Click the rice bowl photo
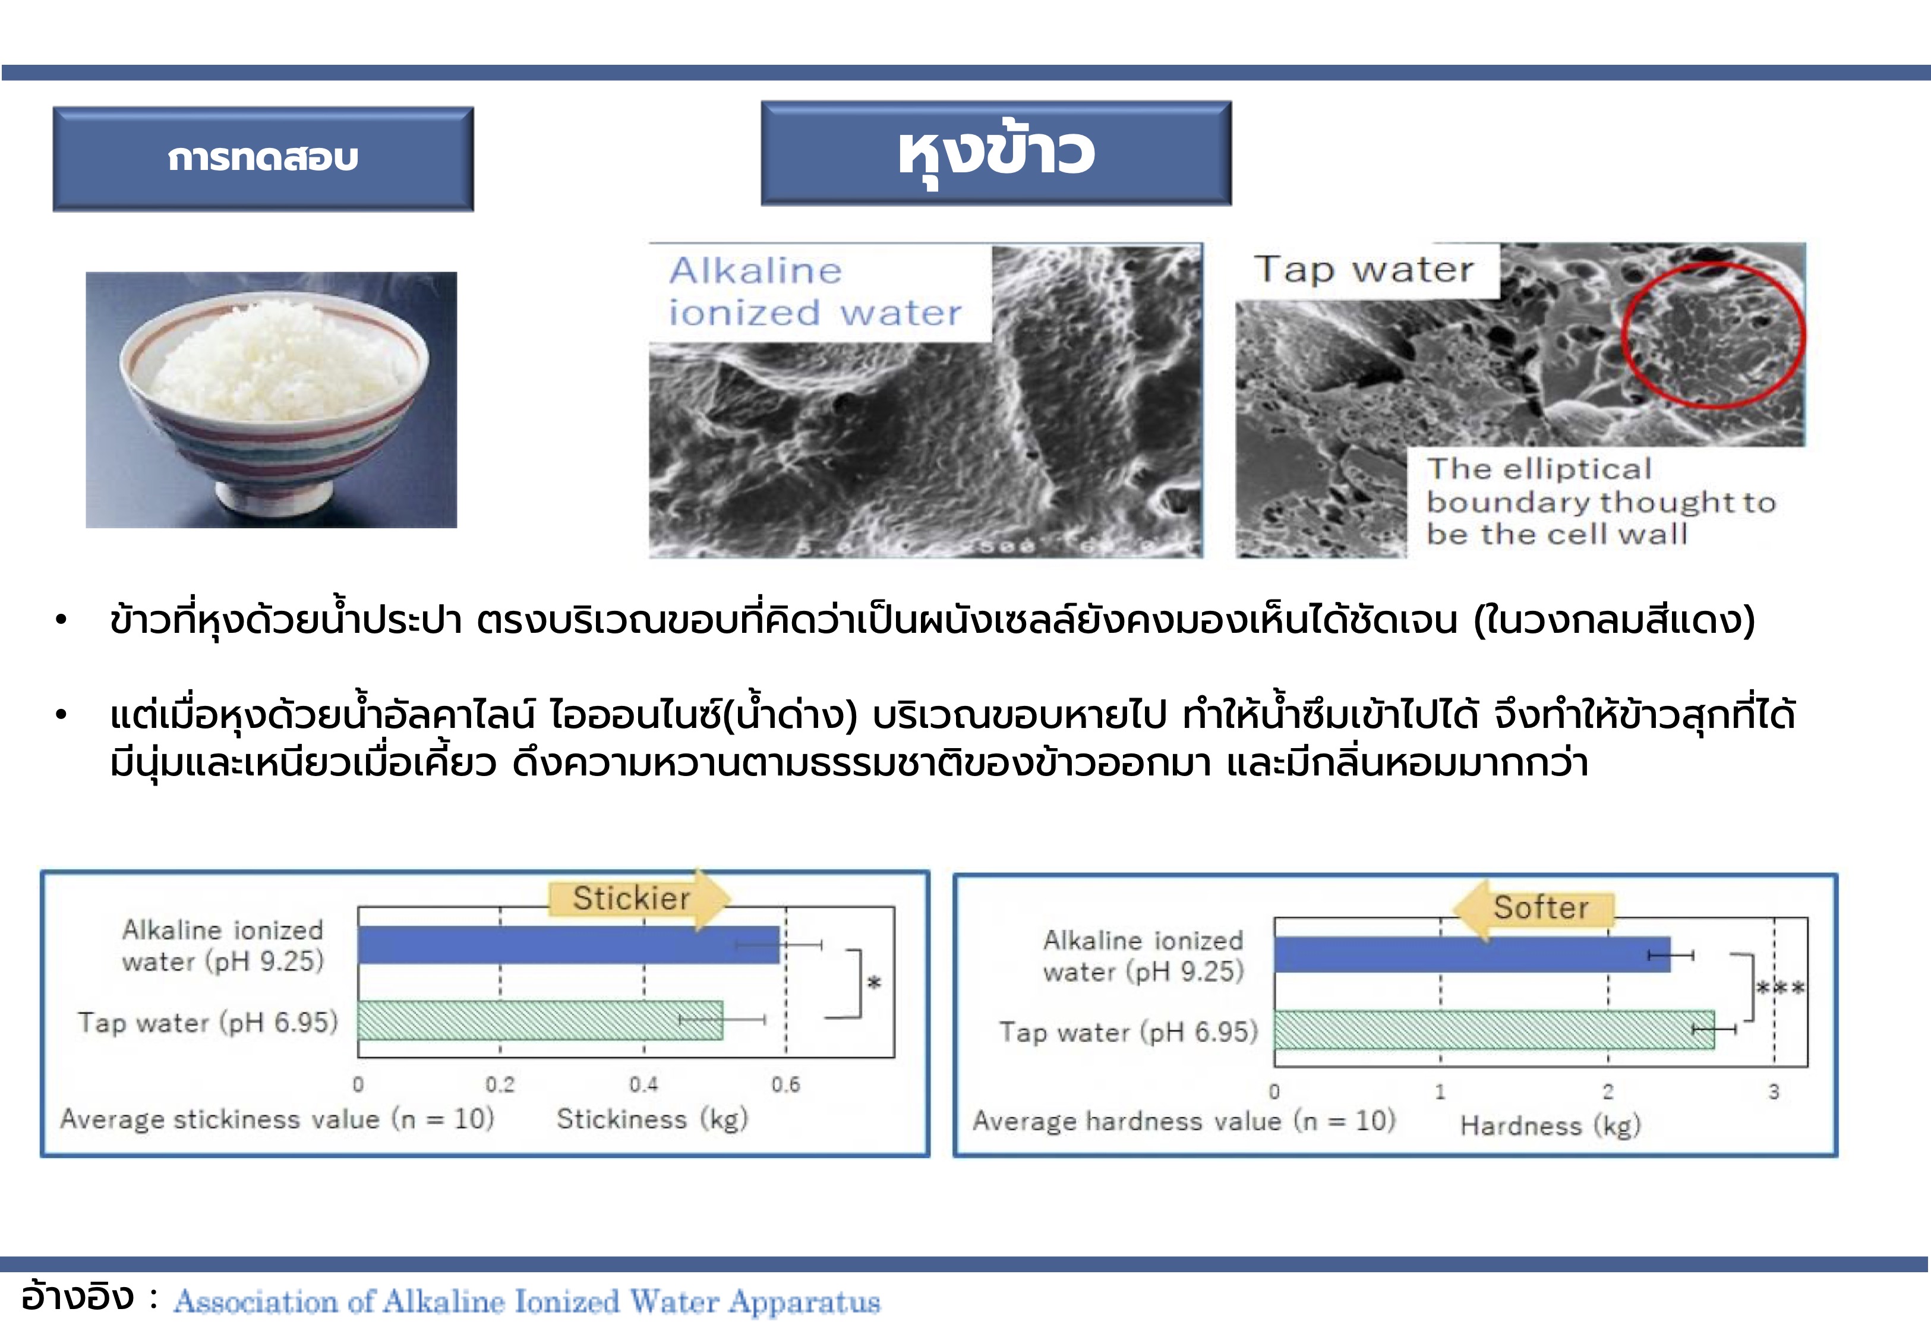[x=272, y=399]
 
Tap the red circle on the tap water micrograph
[x=1712, y=335]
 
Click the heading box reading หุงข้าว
[x=996, y=153]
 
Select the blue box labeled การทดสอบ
[x=263, y=158]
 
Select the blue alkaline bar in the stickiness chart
[x=568, y=945]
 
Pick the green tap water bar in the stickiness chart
[x=539, y=1020]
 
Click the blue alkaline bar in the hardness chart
[x=1471, y=955]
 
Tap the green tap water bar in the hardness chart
[x=1493, y=1030]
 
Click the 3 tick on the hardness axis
[x=1774, y=1092]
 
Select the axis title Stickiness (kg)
[x=652, y=1119]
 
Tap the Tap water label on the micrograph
[x=1363, y=270]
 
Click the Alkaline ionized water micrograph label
[x=815, y=292]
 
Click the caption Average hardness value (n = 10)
[x=1183, y=1121]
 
